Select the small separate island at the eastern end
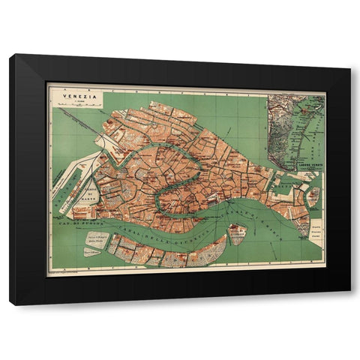pos(313,196)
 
